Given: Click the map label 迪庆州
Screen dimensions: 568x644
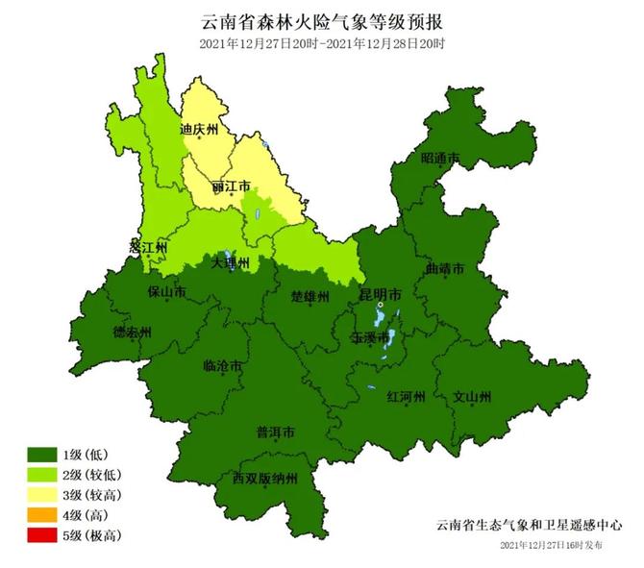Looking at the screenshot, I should pyautogui.click(x=200, y=129).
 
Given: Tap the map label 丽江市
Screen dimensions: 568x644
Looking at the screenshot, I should pyautogui.click(x=231, y=185).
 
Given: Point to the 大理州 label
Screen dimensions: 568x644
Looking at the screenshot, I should pyautogui.click(x=231, y=261).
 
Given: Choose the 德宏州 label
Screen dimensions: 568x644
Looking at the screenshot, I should pyautogui.click(x=133, y=333).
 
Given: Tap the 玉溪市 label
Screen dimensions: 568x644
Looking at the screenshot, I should pyautogui.click(x=371, y=338).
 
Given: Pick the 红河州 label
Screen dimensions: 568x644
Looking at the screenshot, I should pyautogui.click(x=406, y=395).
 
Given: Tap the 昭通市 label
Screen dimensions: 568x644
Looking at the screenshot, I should pyautogui.click(x=440, y=159).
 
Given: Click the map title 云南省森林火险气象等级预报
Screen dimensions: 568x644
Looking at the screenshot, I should pyautogui.click(x=321, y=21).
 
